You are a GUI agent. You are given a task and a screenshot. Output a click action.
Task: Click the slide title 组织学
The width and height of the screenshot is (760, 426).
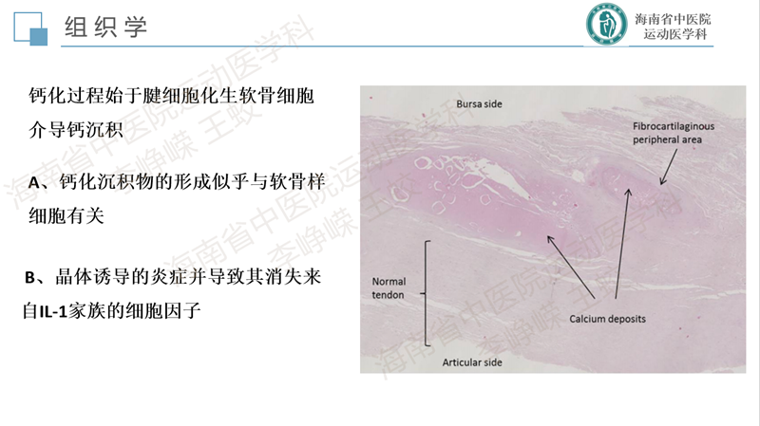tap(105, 27)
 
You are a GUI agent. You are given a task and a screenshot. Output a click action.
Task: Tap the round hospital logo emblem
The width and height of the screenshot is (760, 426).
tap(606, 25)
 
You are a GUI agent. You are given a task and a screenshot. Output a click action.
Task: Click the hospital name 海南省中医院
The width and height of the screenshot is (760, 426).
tap(673, 19)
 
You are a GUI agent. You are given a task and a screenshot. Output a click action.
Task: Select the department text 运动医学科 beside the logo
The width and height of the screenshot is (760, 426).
tap(675, 34)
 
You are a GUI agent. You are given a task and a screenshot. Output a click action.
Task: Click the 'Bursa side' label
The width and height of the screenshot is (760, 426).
tap(479, 104)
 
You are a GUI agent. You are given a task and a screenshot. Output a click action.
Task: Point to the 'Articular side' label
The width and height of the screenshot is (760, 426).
tap(472, 362)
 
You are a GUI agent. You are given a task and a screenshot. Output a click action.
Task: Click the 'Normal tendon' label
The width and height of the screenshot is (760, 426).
tap(389, 288)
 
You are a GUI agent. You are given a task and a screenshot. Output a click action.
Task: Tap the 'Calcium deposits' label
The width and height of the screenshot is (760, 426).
tap(607, 319)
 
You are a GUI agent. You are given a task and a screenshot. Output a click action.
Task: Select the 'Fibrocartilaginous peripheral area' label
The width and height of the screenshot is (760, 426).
tap(674, 133)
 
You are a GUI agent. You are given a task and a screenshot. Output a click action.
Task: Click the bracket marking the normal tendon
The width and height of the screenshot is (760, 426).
tap(427, 293)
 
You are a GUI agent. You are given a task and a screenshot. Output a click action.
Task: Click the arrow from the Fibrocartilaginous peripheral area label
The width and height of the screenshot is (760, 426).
tap(669, 167)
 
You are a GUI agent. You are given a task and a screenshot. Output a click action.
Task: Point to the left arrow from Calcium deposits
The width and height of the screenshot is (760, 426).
tap(571, 267)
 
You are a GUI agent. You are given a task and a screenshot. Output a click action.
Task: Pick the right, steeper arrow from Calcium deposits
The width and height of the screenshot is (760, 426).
tap(622, 244)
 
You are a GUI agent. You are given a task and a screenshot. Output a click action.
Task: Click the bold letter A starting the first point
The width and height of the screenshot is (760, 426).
tap(34, 182)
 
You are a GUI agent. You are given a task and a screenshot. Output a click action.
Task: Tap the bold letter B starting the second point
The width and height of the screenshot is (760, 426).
tap(29, 277)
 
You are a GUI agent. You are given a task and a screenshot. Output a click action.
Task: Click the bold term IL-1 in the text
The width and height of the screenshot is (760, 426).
tap(53, 311)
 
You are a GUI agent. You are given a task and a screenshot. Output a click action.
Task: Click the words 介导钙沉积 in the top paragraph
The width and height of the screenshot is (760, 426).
tap(76, 129)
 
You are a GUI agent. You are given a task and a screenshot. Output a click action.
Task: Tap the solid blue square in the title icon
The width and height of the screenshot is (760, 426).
tap(39, 37)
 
